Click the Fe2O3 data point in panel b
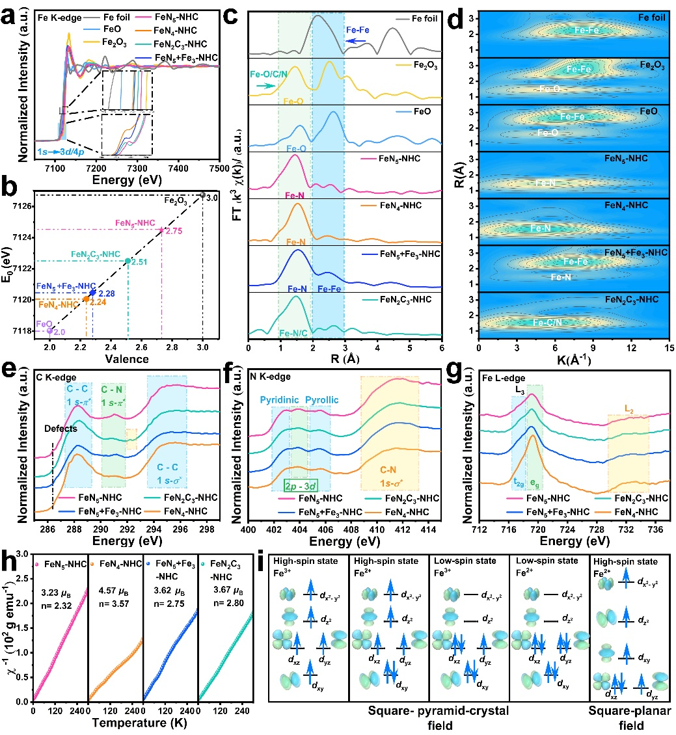click(202, 194)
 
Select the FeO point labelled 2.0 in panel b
click(50, 330)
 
